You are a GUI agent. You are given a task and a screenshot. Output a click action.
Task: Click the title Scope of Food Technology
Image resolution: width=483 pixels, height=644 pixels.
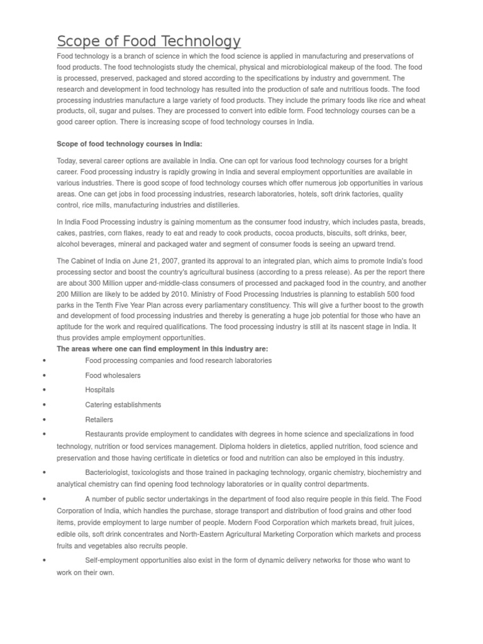point(148,42)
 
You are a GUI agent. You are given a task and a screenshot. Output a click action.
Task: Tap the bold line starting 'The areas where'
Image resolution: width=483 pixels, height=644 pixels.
point(163,348)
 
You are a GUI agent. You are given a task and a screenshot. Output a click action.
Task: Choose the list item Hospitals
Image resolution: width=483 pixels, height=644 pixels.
point(99,390)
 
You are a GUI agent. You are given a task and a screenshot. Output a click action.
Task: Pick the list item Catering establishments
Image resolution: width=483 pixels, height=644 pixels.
point(123,404)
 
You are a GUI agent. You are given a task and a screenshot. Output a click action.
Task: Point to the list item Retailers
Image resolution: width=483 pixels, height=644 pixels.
point(99,419)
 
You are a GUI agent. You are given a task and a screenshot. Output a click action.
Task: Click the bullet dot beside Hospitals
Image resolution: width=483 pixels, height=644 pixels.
point(43,390)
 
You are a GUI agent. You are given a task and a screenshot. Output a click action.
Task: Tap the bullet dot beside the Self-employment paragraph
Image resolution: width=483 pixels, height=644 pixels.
point(43,560)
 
